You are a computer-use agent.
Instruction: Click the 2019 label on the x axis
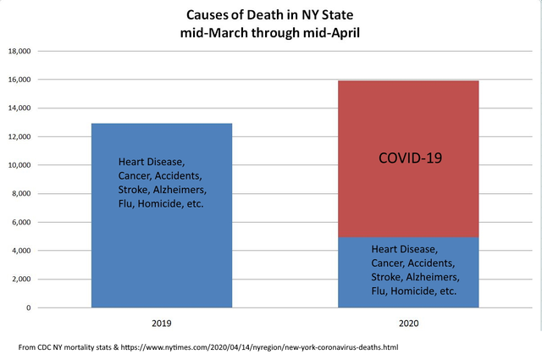(x=161, y=324)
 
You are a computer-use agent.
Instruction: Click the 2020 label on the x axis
(x=407, y=324)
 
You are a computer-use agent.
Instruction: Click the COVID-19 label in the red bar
(x=407, y=158)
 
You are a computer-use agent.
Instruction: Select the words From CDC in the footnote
(x=38, y=347)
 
